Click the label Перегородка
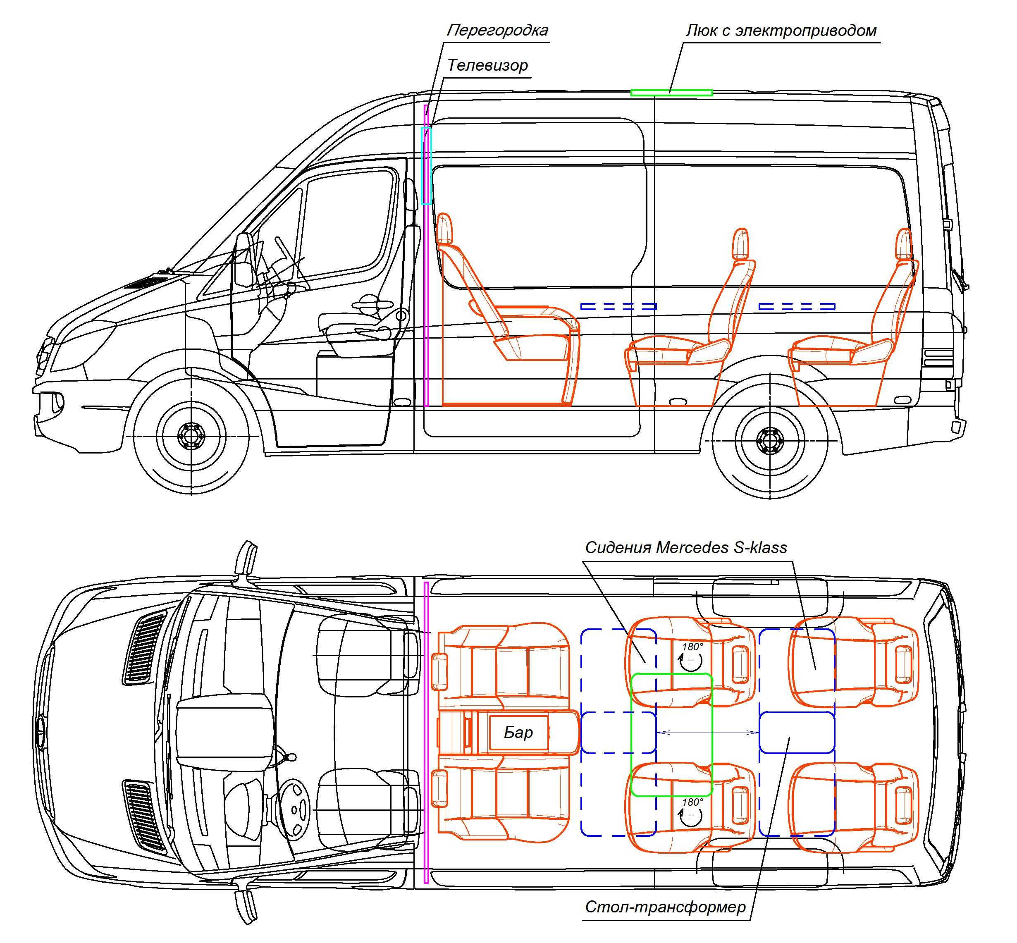[497, 30]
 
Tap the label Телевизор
[487, 65]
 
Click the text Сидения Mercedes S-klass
[686, 547]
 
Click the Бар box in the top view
[518, 733]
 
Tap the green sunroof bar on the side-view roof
[671, 92]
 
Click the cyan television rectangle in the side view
[426, 166]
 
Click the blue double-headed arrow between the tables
[708, 733]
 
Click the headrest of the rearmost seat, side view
[904, 244]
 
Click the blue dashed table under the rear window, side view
[797, 307]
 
